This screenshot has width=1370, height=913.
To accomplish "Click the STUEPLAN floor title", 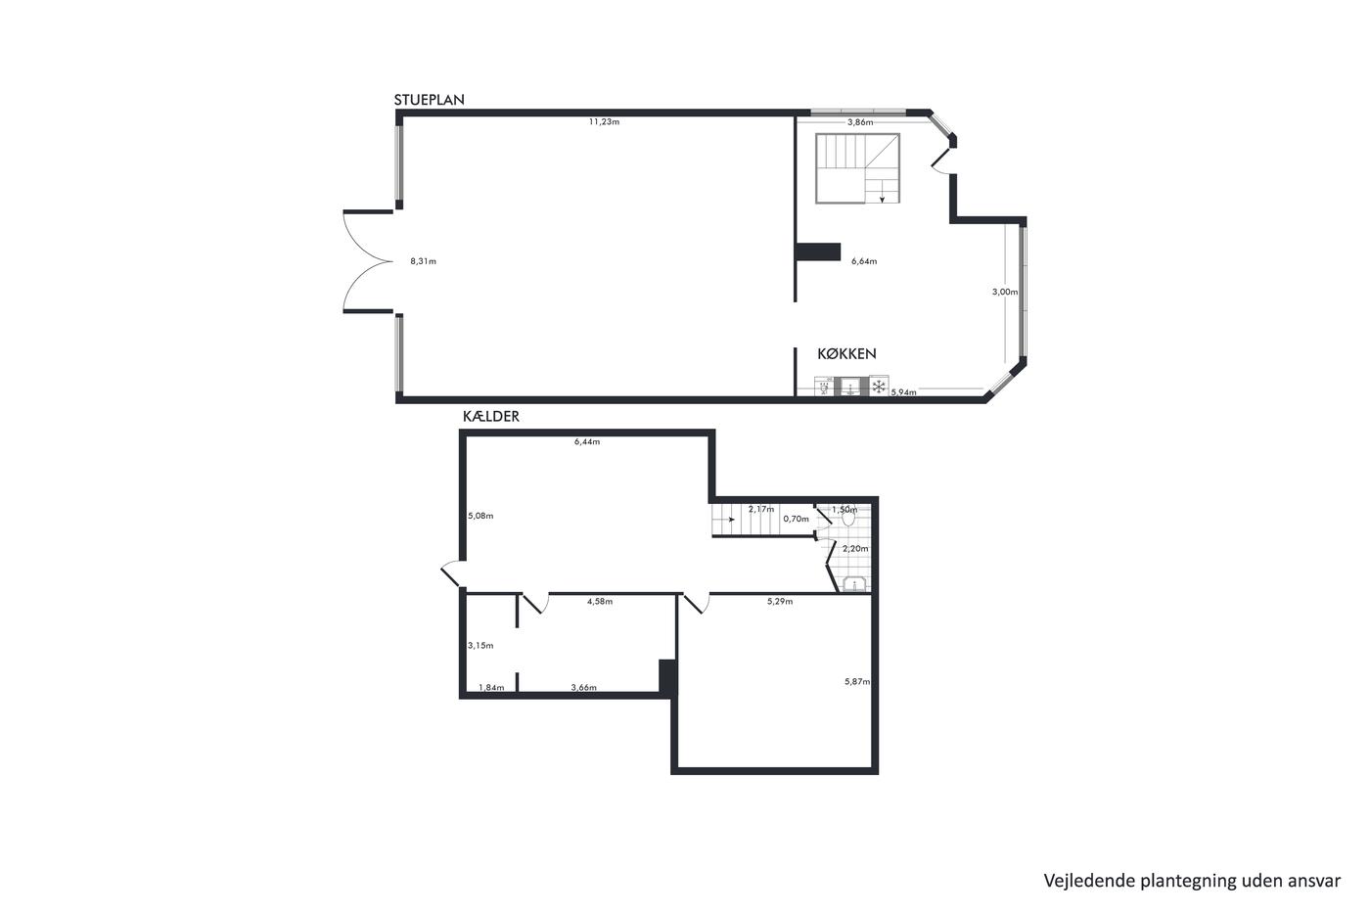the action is point(429,100).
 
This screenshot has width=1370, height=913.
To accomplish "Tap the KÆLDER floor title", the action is point(490,417).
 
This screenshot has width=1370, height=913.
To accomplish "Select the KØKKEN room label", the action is point(846,353).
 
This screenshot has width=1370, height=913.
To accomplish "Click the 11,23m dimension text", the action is point(604,121).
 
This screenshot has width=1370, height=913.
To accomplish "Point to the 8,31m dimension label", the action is point(423,261).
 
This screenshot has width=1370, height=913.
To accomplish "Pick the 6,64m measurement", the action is point(863,261).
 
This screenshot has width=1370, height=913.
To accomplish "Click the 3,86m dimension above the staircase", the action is point(860,122).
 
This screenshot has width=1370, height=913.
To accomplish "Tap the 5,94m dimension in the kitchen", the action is point(903,392).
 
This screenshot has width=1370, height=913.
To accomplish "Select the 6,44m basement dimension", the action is point(586,442).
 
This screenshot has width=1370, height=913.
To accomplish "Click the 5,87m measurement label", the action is point(857,682).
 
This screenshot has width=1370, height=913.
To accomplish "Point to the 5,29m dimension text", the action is point(780,602).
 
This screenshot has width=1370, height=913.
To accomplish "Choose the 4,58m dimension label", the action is point(599,602).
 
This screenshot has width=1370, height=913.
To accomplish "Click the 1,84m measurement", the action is point(491,687).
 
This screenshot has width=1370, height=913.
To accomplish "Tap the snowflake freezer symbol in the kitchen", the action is point(879,386).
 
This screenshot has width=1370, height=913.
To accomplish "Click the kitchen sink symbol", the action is point(850,387).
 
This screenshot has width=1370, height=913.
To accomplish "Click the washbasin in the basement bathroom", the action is point(853,584).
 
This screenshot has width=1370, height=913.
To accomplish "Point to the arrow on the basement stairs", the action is point(730,520).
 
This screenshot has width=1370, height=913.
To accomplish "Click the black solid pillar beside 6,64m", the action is point(818,251).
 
